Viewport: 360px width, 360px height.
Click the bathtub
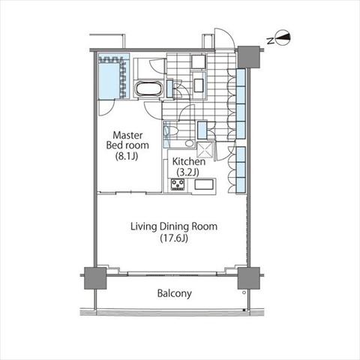[149, 88]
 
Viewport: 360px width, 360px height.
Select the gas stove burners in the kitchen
[178, 184]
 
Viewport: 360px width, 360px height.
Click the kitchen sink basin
[204, 184]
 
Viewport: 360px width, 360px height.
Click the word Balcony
[175, 293]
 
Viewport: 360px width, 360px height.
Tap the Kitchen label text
[189, 161]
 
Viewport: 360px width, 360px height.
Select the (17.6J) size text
[174, 238]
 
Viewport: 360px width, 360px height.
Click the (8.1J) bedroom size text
[127, 156]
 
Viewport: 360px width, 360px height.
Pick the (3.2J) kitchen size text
[187, 172]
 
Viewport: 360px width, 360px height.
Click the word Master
[127, 135]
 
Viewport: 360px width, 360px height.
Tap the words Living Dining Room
[174, 226]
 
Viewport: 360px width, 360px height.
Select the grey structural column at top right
[248, 57]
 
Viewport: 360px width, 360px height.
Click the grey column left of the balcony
[95, 278]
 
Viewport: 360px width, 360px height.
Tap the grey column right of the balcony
[248, 278]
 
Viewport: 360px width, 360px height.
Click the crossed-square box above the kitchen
[205, 150]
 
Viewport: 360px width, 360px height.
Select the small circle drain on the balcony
[244, 292]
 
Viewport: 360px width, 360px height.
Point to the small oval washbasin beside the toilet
[190, 143]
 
